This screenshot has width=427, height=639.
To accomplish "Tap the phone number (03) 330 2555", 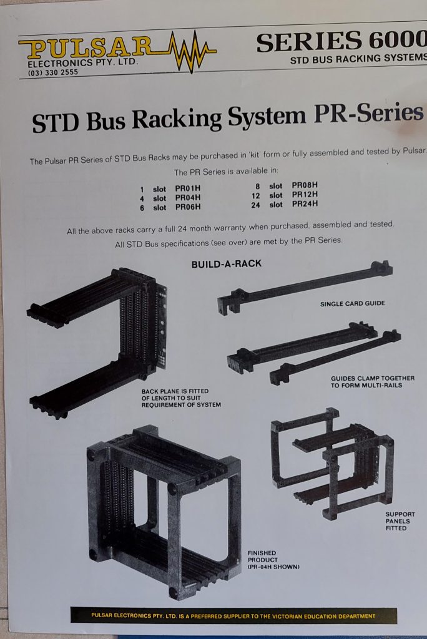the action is click(x=52, y=72).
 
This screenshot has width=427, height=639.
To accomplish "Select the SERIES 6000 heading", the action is click(x=341, y=42).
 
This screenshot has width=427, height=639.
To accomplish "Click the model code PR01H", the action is click(x=188, y=188).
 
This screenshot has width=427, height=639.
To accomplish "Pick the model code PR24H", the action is click(x=305, y=204).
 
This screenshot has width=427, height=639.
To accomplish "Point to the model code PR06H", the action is click(x=188, y=207).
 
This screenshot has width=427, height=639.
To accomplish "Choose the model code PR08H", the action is click(x=305, y=185).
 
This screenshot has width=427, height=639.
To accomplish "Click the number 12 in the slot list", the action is click(x=256, y=195).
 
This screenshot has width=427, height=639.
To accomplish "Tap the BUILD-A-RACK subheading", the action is click(x=227, y=264).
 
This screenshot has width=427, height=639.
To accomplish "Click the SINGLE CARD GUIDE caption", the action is click(x=352, y=304).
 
